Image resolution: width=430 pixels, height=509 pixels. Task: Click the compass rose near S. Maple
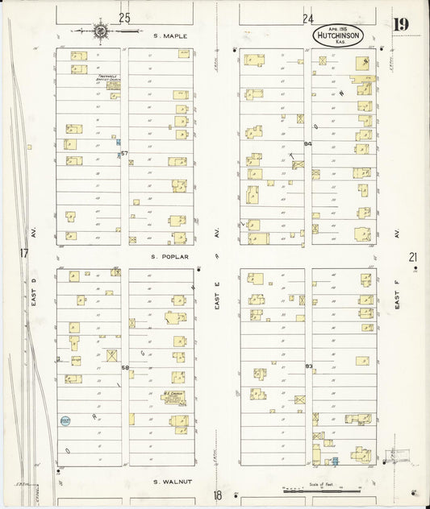100,32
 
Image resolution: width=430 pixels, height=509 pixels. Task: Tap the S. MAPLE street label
169,35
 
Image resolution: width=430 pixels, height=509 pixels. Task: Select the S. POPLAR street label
169,257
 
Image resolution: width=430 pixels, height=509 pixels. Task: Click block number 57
124,152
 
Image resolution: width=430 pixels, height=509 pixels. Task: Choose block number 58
124,367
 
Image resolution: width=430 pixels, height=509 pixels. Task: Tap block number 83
308,366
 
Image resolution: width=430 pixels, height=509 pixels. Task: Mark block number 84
307,144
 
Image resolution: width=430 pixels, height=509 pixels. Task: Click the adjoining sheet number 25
123,18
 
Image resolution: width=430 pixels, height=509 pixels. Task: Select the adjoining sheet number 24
307,18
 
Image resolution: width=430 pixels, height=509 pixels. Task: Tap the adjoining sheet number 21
412,257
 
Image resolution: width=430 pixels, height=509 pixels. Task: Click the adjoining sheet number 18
217,495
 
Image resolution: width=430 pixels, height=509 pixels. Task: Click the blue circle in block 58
65,420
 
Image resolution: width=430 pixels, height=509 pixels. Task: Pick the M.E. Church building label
172,399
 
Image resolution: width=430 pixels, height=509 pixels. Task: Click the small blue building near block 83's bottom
335,461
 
